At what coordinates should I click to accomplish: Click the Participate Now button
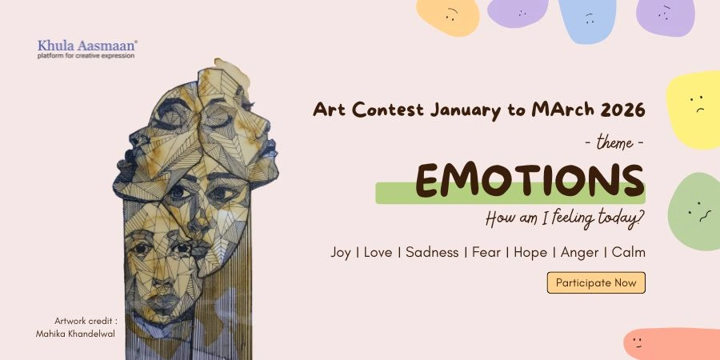(596, 283)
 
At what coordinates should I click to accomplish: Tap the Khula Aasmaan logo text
(86, 46)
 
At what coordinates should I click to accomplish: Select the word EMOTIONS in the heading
(530, 182)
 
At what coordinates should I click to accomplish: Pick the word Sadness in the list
(432, 253)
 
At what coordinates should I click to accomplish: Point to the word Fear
(486, 253)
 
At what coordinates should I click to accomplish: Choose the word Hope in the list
(530, 253)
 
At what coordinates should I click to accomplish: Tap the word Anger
(579, 253)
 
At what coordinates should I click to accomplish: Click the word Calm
(629, 253)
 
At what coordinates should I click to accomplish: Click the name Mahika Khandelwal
(75, 333)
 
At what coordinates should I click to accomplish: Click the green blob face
(694, 212)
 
